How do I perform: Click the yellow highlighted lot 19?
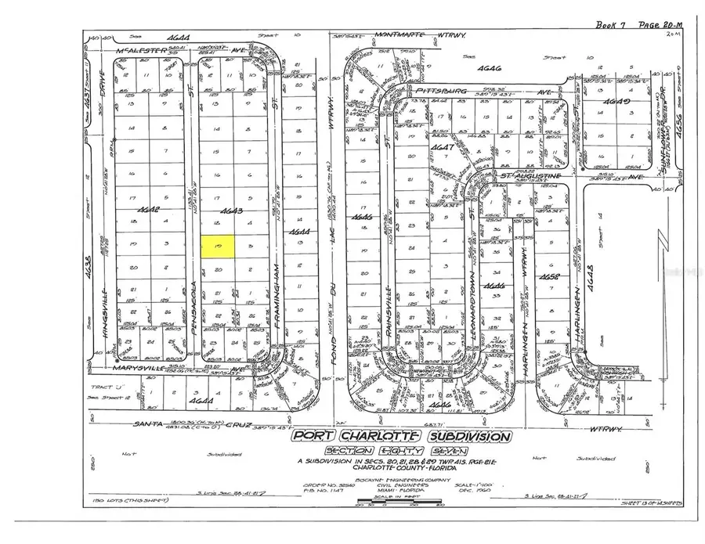[x=218, y=248]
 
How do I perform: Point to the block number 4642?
[x=143, y=209]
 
